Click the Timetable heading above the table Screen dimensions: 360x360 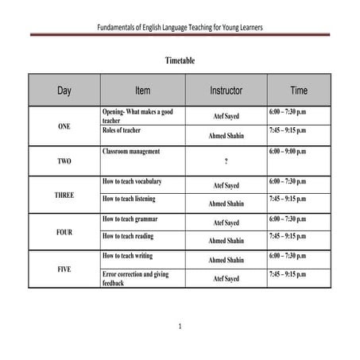pyautogui.click(x=180, y=60)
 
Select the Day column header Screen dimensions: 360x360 pyautogui.click(x=64, y=91)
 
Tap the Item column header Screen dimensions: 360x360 pyautogui.click(x=142, y=91)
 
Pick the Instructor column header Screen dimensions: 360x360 pyautogui.click(x=226, y=91)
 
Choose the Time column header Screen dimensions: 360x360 pyautogui.click(x=299, y=91)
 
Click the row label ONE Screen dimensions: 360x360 pyautogui.click(x=64, y=126)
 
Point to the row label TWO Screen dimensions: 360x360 pyautogui.click(x=64, y=161)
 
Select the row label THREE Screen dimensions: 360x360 pyautogui.click(x=64, y=195)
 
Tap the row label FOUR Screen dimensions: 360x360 pyautogui.click(x=64, y=233)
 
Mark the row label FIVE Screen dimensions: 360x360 pyautogui.click(x=64, y=269)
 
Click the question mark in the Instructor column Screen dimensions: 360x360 pyautogui.click(x=226, y=162)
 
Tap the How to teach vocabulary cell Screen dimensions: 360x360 pyautogui.click(x=132, y=181)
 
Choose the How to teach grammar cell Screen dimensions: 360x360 pyautogui.click(x=130, y=218)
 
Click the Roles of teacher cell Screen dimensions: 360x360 pyautogui.click(x=122, y=130)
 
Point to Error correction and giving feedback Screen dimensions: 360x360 pyautogui.click(x=137, y=277)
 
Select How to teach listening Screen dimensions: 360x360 pyautogui.click(x=129, y=199)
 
